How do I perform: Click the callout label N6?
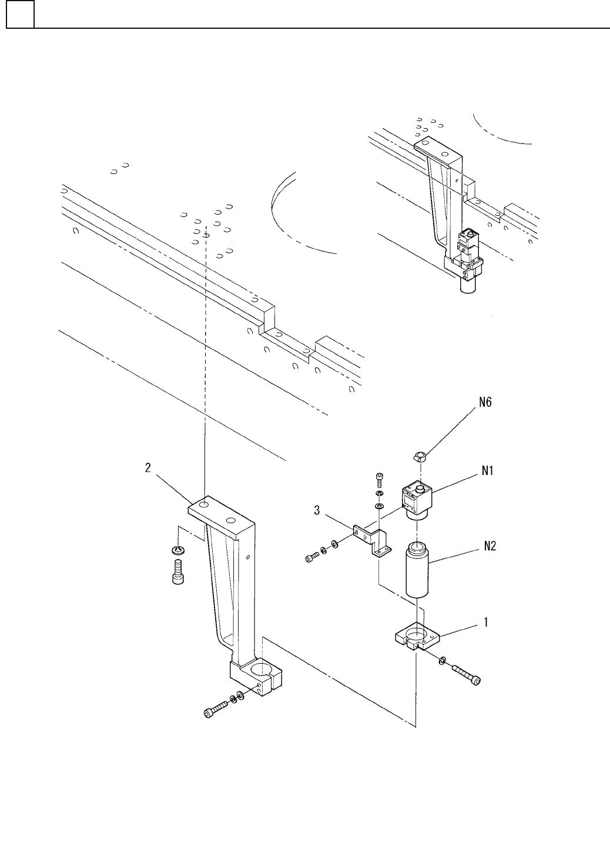tap(485, 402)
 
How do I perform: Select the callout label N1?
tap(487, 471)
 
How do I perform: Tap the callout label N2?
tap(490, 547)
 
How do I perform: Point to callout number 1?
tap(486, 622)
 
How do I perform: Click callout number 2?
tap(148, 467)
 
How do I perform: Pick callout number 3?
tap(316, 510)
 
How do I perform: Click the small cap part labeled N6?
tap(420, 456)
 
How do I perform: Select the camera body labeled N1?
tap(417, 501)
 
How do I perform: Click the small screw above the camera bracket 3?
tap(379, 480)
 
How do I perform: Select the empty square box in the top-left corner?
tap(20, 14)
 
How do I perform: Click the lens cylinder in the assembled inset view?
tap(468, 285)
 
